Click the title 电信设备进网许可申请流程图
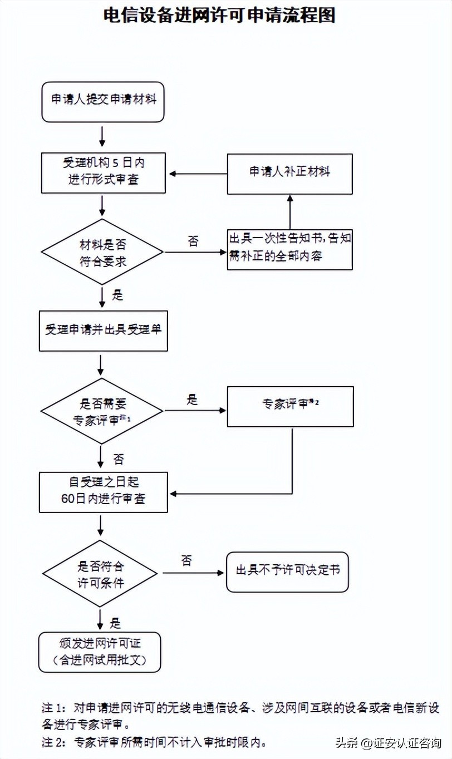point(219,16)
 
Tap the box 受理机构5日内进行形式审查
point(103,172)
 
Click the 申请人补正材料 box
point(289,172)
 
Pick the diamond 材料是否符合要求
point(103,253)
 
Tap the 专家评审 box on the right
point(290,406)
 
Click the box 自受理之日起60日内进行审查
point(103,491)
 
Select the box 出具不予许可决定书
point(287,571)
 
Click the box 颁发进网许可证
point(100,652)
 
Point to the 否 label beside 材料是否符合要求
point(193,241)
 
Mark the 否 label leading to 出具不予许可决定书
point(186,560)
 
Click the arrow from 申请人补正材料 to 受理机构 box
point(198,174)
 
